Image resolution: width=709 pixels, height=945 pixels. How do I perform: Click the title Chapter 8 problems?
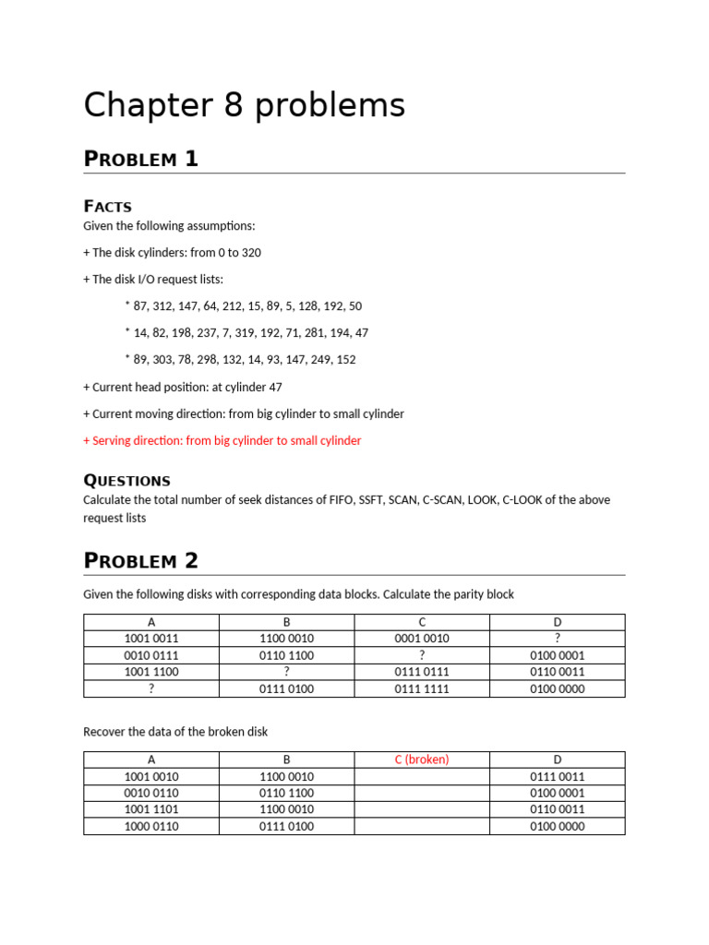(244, 106)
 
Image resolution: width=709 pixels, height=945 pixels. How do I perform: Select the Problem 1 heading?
(140, 159)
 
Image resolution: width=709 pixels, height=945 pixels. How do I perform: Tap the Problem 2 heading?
(140, 560)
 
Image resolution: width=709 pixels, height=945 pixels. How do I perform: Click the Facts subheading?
(107, 206)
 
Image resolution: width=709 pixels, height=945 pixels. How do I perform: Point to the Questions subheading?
(126, 480)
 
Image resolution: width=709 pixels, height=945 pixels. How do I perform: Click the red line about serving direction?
(222, 440)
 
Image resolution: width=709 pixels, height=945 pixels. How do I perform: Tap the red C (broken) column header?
(422, 760)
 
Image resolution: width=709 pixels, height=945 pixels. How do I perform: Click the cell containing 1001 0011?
(151, 639)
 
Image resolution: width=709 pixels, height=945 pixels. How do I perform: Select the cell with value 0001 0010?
(422, 639)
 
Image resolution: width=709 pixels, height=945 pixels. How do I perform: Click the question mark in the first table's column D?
(558, 639)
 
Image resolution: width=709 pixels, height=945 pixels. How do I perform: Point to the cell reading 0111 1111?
(422, 688)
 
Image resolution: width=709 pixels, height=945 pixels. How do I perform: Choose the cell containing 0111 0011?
(558, 776)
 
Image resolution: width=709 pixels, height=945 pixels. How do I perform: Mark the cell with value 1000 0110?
(151, 826)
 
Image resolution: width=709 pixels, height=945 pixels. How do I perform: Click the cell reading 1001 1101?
(151, 809)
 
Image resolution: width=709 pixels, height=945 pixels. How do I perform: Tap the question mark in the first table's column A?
(151, 688)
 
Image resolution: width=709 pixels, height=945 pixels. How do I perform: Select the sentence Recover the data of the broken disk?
(175, 732)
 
